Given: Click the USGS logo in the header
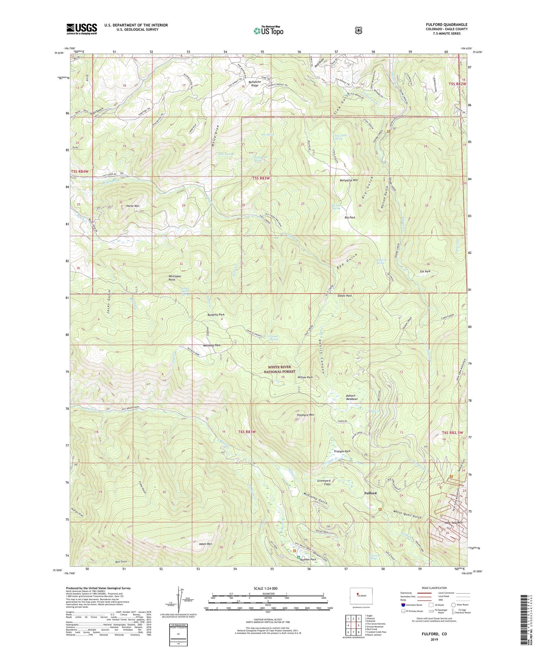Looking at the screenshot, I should (82, 28).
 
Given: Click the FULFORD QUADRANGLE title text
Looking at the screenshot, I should (446, 25).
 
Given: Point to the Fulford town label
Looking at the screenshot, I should (370, 493).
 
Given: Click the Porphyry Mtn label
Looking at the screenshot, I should (305, 415).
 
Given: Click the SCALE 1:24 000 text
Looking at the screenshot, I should (268, 588).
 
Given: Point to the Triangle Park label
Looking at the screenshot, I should (342, 451).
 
